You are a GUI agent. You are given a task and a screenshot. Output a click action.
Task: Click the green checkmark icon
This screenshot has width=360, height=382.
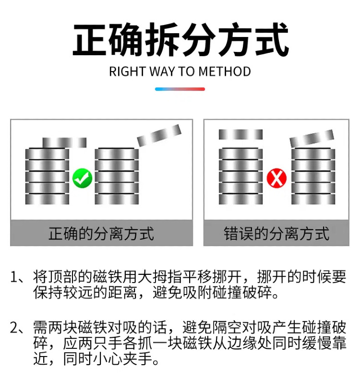coord(82,178)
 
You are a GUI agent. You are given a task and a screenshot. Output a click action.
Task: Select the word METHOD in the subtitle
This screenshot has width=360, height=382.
coord(225,72)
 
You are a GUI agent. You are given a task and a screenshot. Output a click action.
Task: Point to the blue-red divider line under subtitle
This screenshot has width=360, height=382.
coord(180,89)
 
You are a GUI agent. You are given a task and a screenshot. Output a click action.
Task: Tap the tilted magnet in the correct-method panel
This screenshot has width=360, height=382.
coord(159,135)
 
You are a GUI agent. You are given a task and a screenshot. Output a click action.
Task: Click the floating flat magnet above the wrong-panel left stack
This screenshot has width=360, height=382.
coord(240,135)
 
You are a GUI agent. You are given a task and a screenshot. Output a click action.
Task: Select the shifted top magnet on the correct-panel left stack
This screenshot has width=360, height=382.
coord(64,142)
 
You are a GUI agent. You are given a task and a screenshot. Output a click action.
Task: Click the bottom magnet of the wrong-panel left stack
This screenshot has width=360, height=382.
coord(240,199)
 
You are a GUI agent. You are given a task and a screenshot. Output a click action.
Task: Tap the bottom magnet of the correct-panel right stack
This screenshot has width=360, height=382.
coord(117,199)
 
